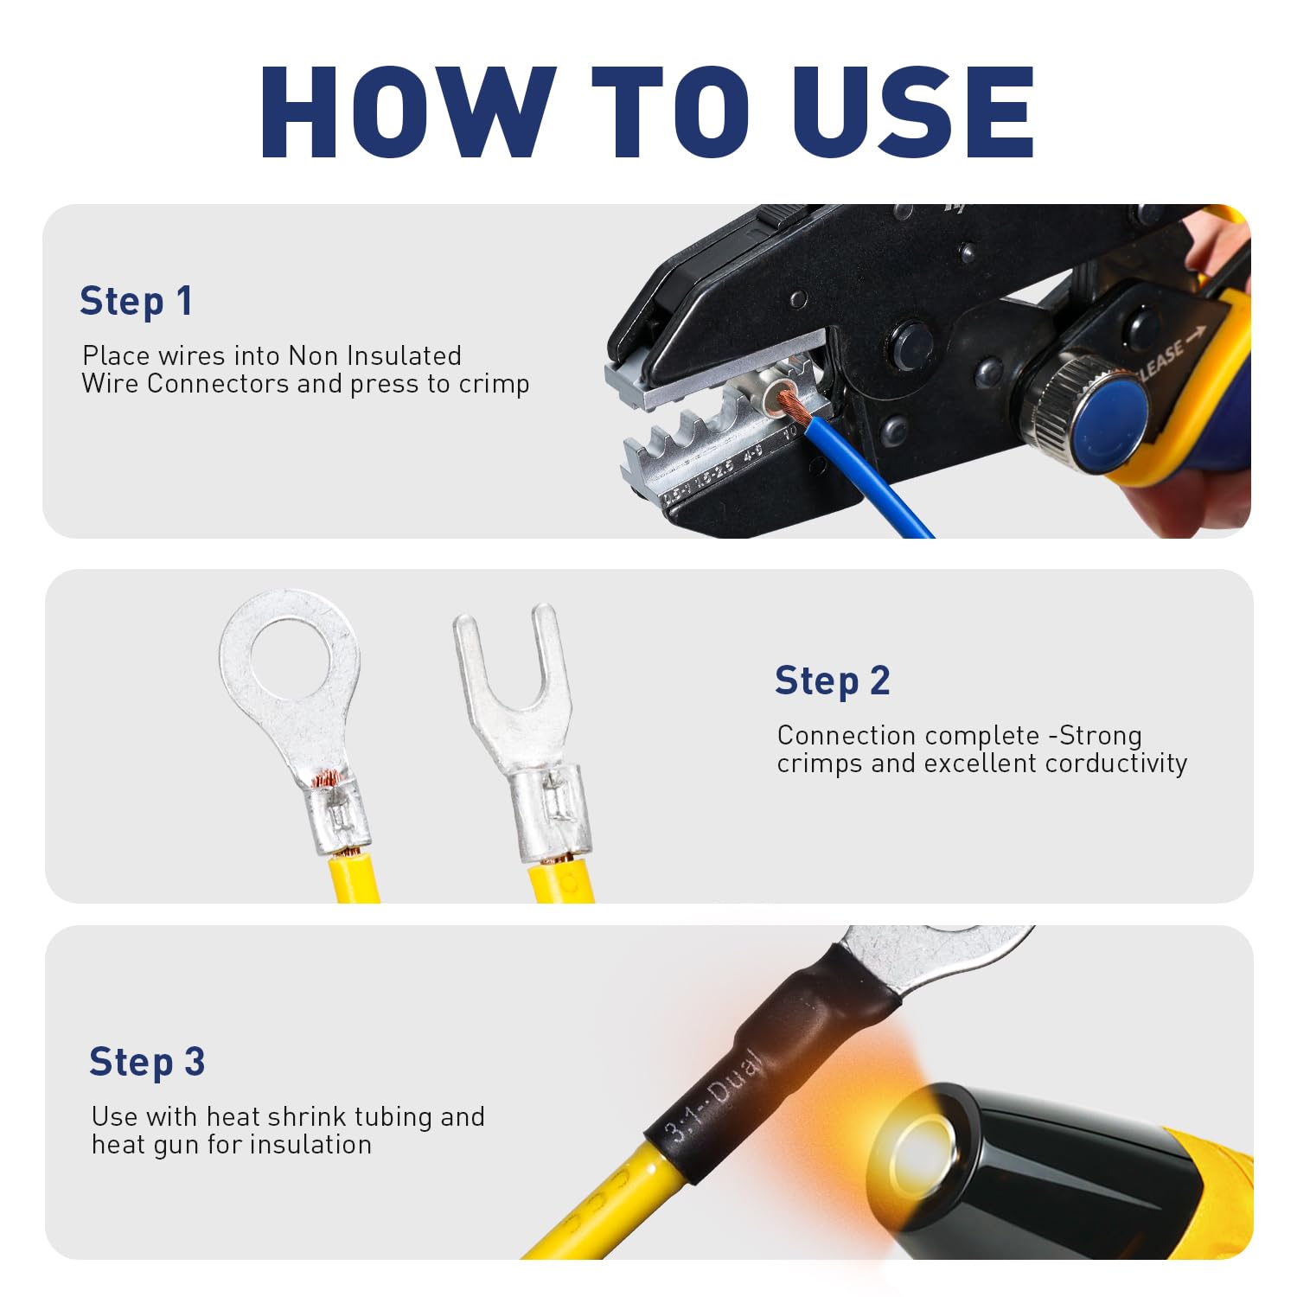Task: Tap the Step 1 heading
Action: pyautogui.click(x=136, y=302)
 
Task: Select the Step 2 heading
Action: pyautogui.click(x=832, y=681)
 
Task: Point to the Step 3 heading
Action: pyautogui.click(x=147, y=1062)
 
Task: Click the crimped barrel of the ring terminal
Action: pyautogui.click(x=340, y=813)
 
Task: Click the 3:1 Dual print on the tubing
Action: pyautogui.click(x=713, y=1098)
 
